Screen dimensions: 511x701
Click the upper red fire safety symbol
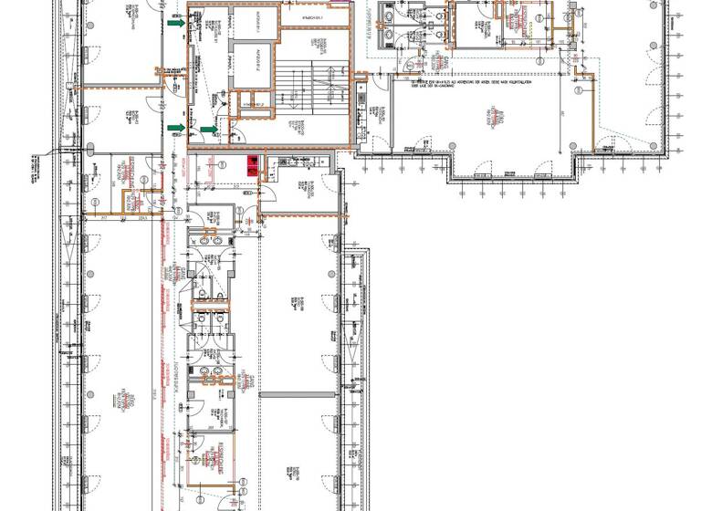point(246,161)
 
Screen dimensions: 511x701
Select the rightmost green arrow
point(209,130)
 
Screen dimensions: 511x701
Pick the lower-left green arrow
point(174,127)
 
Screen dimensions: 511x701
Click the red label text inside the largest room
point(500,117)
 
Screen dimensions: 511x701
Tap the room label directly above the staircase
point(312,17)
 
